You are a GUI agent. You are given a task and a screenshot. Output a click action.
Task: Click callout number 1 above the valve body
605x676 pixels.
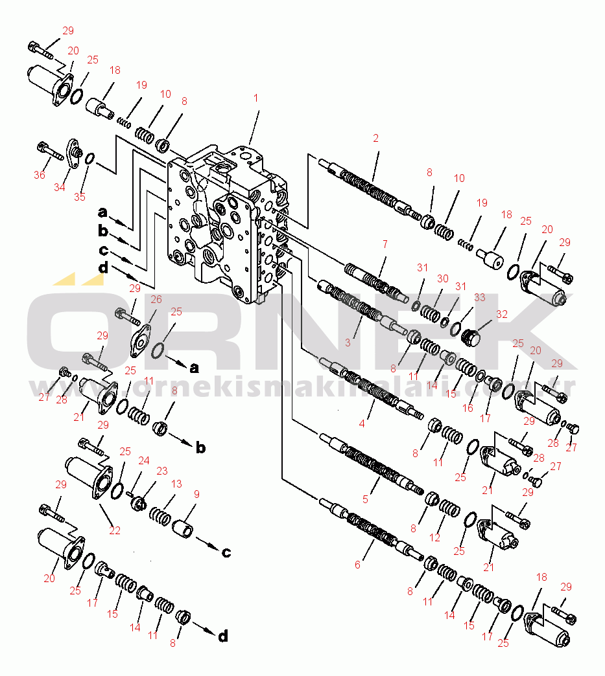[255, 98]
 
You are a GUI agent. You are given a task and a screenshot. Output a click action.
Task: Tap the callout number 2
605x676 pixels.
[375, 138]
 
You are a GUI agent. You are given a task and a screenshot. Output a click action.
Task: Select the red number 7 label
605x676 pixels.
[385, 245]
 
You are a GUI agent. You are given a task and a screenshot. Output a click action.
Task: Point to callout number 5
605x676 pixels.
[365, 499]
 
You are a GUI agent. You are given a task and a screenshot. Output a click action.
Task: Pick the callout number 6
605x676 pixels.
[357, 565]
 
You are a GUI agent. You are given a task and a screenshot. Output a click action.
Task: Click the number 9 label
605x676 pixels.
[196, 494]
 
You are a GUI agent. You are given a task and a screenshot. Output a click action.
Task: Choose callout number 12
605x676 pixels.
[434, 537]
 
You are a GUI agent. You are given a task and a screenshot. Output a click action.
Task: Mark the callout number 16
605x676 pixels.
[468, 408]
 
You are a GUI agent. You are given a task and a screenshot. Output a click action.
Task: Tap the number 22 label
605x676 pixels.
[114, 530]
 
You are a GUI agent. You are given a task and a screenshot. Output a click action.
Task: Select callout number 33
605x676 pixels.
[480, 297]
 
